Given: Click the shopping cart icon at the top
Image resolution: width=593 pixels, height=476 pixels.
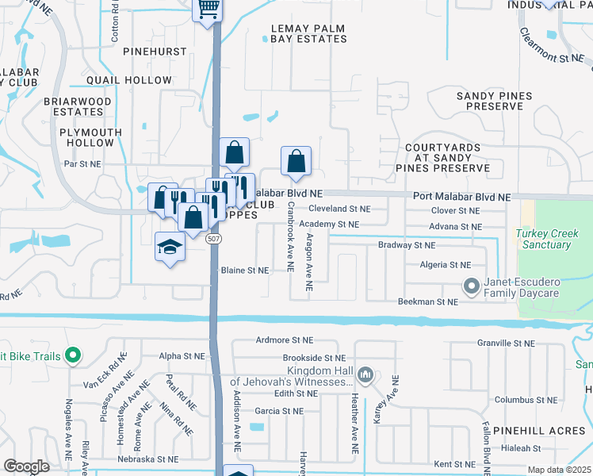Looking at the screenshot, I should (x=208, y=9).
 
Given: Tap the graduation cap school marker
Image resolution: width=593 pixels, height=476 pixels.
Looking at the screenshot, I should (x=170, y=248).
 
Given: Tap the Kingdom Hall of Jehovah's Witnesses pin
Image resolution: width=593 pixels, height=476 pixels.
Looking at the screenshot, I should (x=365, y=373).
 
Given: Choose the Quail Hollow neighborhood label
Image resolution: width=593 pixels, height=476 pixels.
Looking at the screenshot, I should (x=129, y=80).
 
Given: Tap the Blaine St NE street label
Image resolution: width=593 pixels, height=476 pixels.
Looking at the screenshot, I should (x=245, y=270).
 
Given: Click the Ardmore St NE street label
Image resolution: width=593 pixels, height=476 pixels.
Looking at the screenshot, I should (x=281, y=340).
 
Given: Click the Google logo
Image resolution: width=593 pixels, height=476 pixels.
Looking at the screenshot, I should (x=27, y=466).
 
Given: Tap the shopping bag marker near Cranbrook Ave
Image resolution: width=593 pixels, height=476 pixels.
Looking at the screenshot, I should (x=296, y=162).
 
